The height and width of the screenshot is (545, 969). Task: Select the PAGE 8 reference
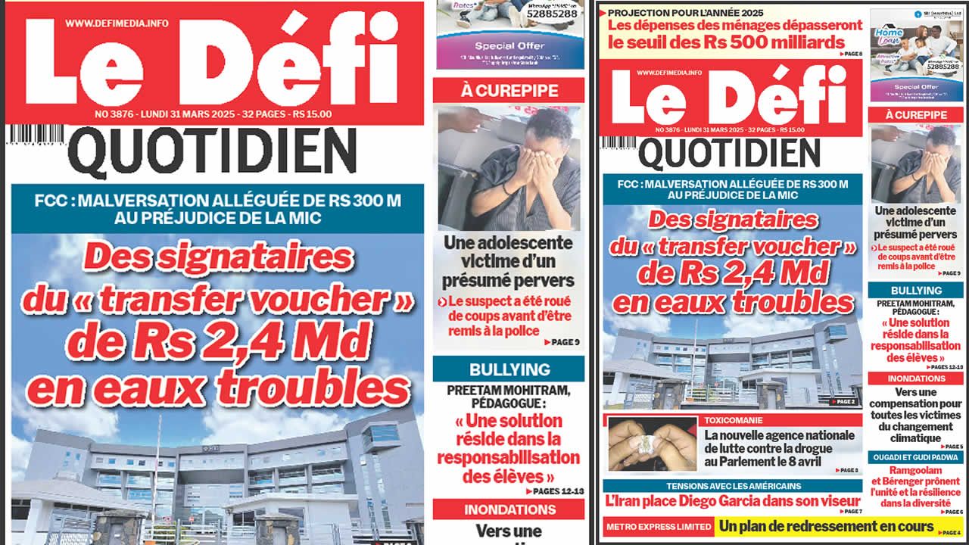(x=849, y=54)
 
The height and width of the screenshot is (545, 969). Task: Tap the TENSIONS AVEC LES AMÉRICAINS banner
(x=733, y=486)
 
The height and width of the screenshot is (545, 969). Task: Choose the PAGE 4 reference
(x=950, y=533)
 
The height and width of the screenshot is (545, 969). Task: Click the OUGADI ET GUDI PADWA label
(x=914, y=457)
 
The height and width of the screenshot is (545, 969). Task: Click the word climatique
(x=915, y=438)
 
